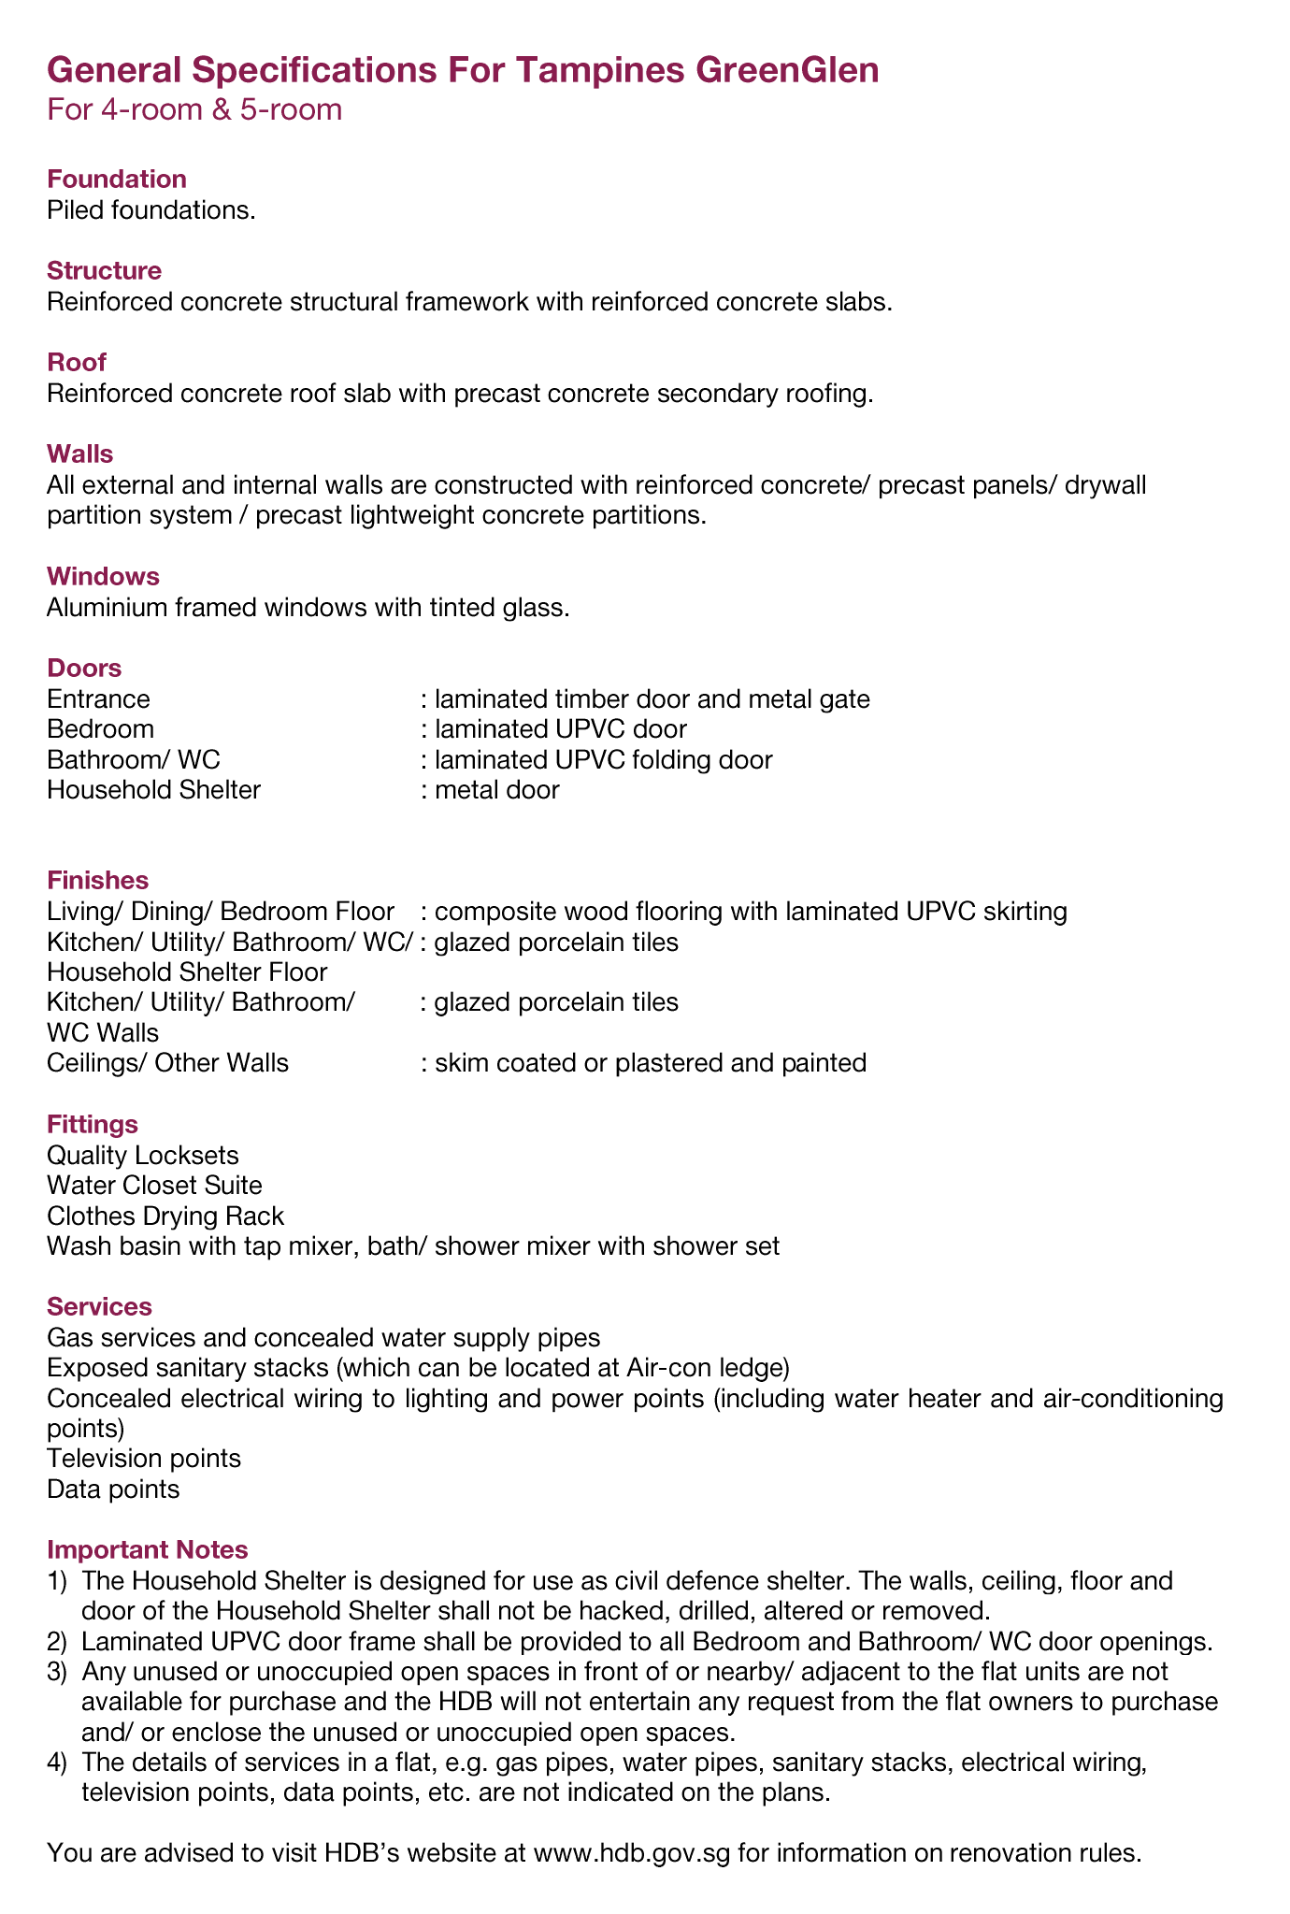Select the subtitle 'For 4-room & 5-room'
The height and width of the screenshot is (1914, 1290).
click(x=194, y=110)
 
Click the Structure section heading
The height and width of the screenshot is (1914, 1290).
click(x=104, y=270)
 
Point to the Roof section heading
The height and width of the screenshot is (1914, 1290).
click(x=77, y=362)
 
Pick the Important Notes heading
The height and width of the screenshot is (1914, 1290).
click(x=147, y=1549)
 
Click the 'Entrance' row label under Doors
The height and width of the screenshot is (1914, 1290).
click(x=98, y=698)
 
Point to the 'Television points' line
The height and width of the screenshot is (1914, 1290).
click(x=144, y=1458)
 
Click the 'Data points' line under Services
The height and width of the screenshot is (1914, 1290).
click(x=113, y=1489)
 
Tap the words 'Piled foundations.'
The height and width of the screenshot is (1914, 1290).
click(x=150, y=209)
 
